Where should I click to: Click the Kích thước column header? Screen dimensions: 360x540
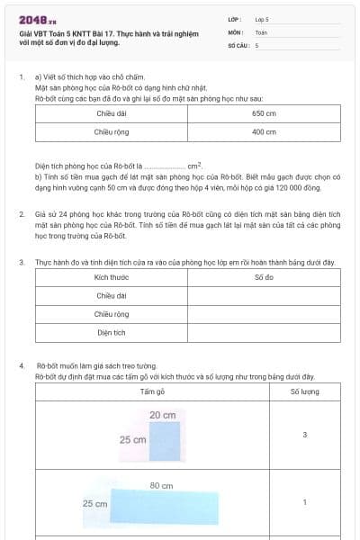click(x=112, y=277)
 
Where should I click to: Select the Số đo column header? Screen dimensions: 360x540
click(x=264, y=277)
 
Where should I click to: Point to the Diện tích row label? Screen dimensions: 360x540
click(x=112, y=332)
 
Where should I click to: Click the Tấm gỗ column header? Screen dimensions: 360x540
click(x=152, y=392)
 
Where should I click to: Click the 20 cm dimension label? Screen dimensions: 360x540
click(x=162, y=415)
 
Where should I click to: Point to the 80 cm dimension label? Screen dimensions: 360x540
click(x=161, y=486)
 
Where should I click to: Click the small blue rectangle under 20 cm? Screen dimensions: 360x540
click(x=165, y=440)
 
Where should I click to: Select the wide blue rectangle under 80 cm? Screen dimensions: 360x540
click(x=165, y=508)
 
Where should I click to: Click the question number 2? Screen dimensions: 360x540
click(x=22, y=215)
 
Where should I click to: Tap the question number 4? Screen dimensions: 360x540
click(x=22, y=366)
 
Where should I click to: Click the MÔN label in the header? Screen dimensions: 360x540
click(x=236, y=31)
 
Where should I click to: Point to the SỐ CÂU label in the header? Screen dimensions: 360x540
click(x=238, y=44)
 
